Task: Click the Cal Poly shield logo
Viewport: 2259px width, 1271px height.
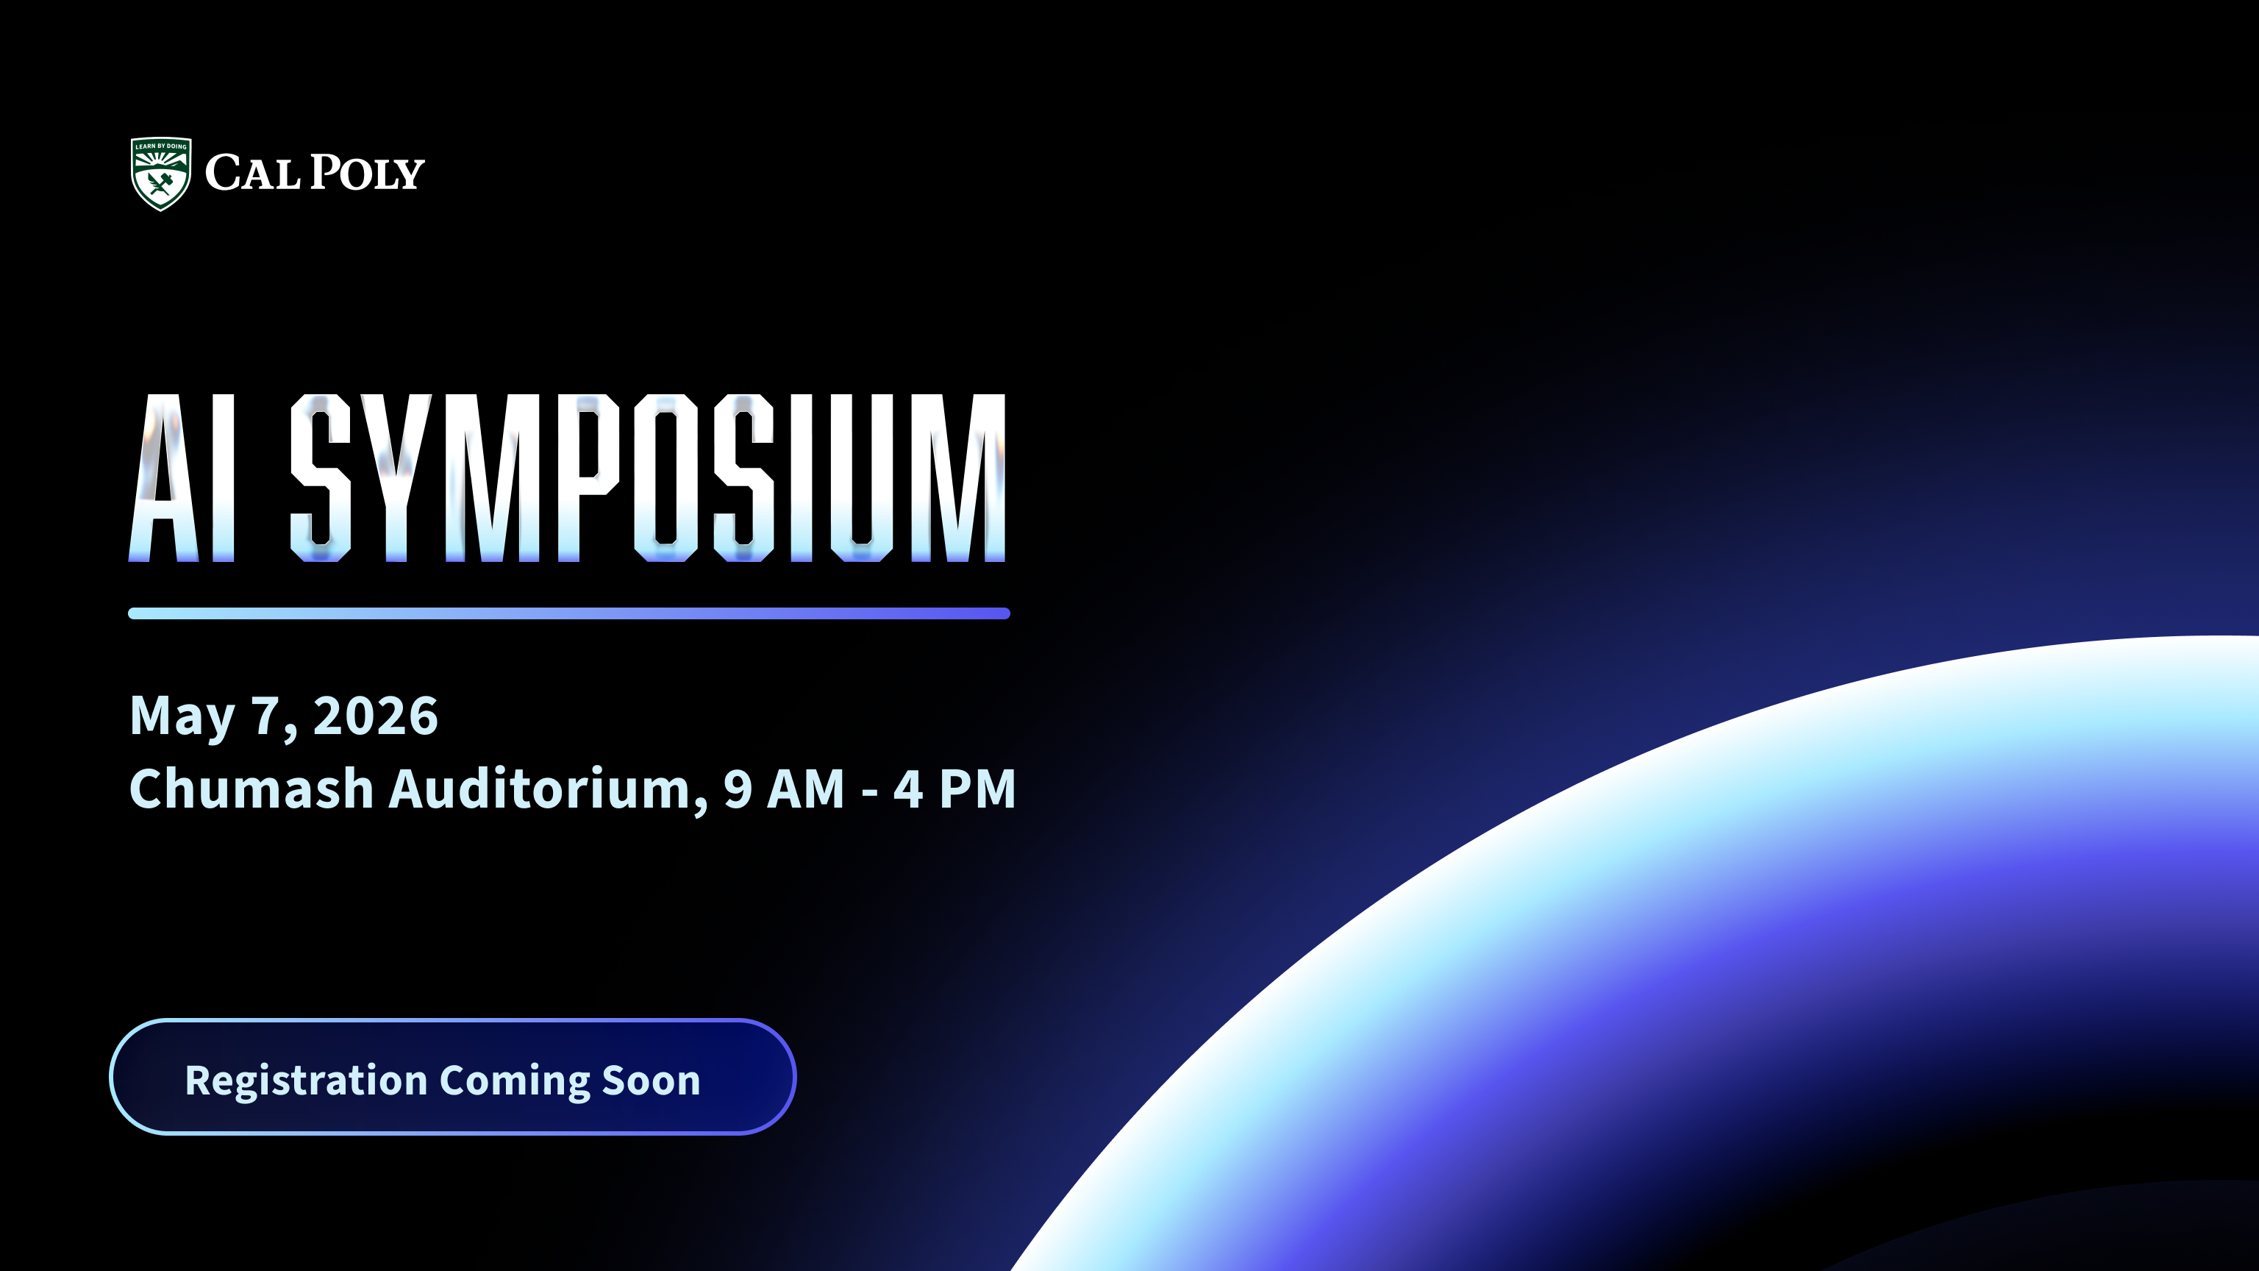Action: [160, 174]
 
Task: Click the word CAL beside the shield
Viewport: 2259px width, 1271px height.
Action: [252, 173]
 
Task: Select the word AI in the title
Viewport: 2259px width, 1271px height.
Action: [182, 478]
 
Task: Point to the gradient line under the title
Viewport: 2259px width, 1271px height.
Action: [568, 613]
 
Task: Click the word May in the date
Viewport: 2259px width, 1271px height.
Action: [182, 716]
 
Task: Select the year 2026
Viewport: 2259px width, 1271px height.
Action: [375, 716]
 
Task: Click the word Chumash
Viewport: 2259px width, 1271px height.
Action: [251, 788]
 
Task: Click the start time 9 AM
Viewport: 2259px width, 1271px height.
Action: [783, 788]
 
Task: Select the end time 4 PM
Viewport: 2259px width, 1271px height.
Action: [954, 788]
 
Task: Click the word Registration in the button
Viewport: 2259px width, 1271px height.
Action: [306, 1080]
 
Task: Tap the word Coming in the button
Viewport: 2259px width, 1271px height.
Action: [514, 1080]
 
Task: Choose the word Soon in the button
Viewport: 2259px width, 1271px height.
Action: [651, 1080]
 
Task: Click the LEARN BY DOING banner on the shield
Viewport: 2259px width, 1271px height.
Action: [160, 146]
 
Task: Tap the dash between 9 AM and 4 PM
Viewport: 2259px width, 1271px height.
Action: [870, 792]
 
